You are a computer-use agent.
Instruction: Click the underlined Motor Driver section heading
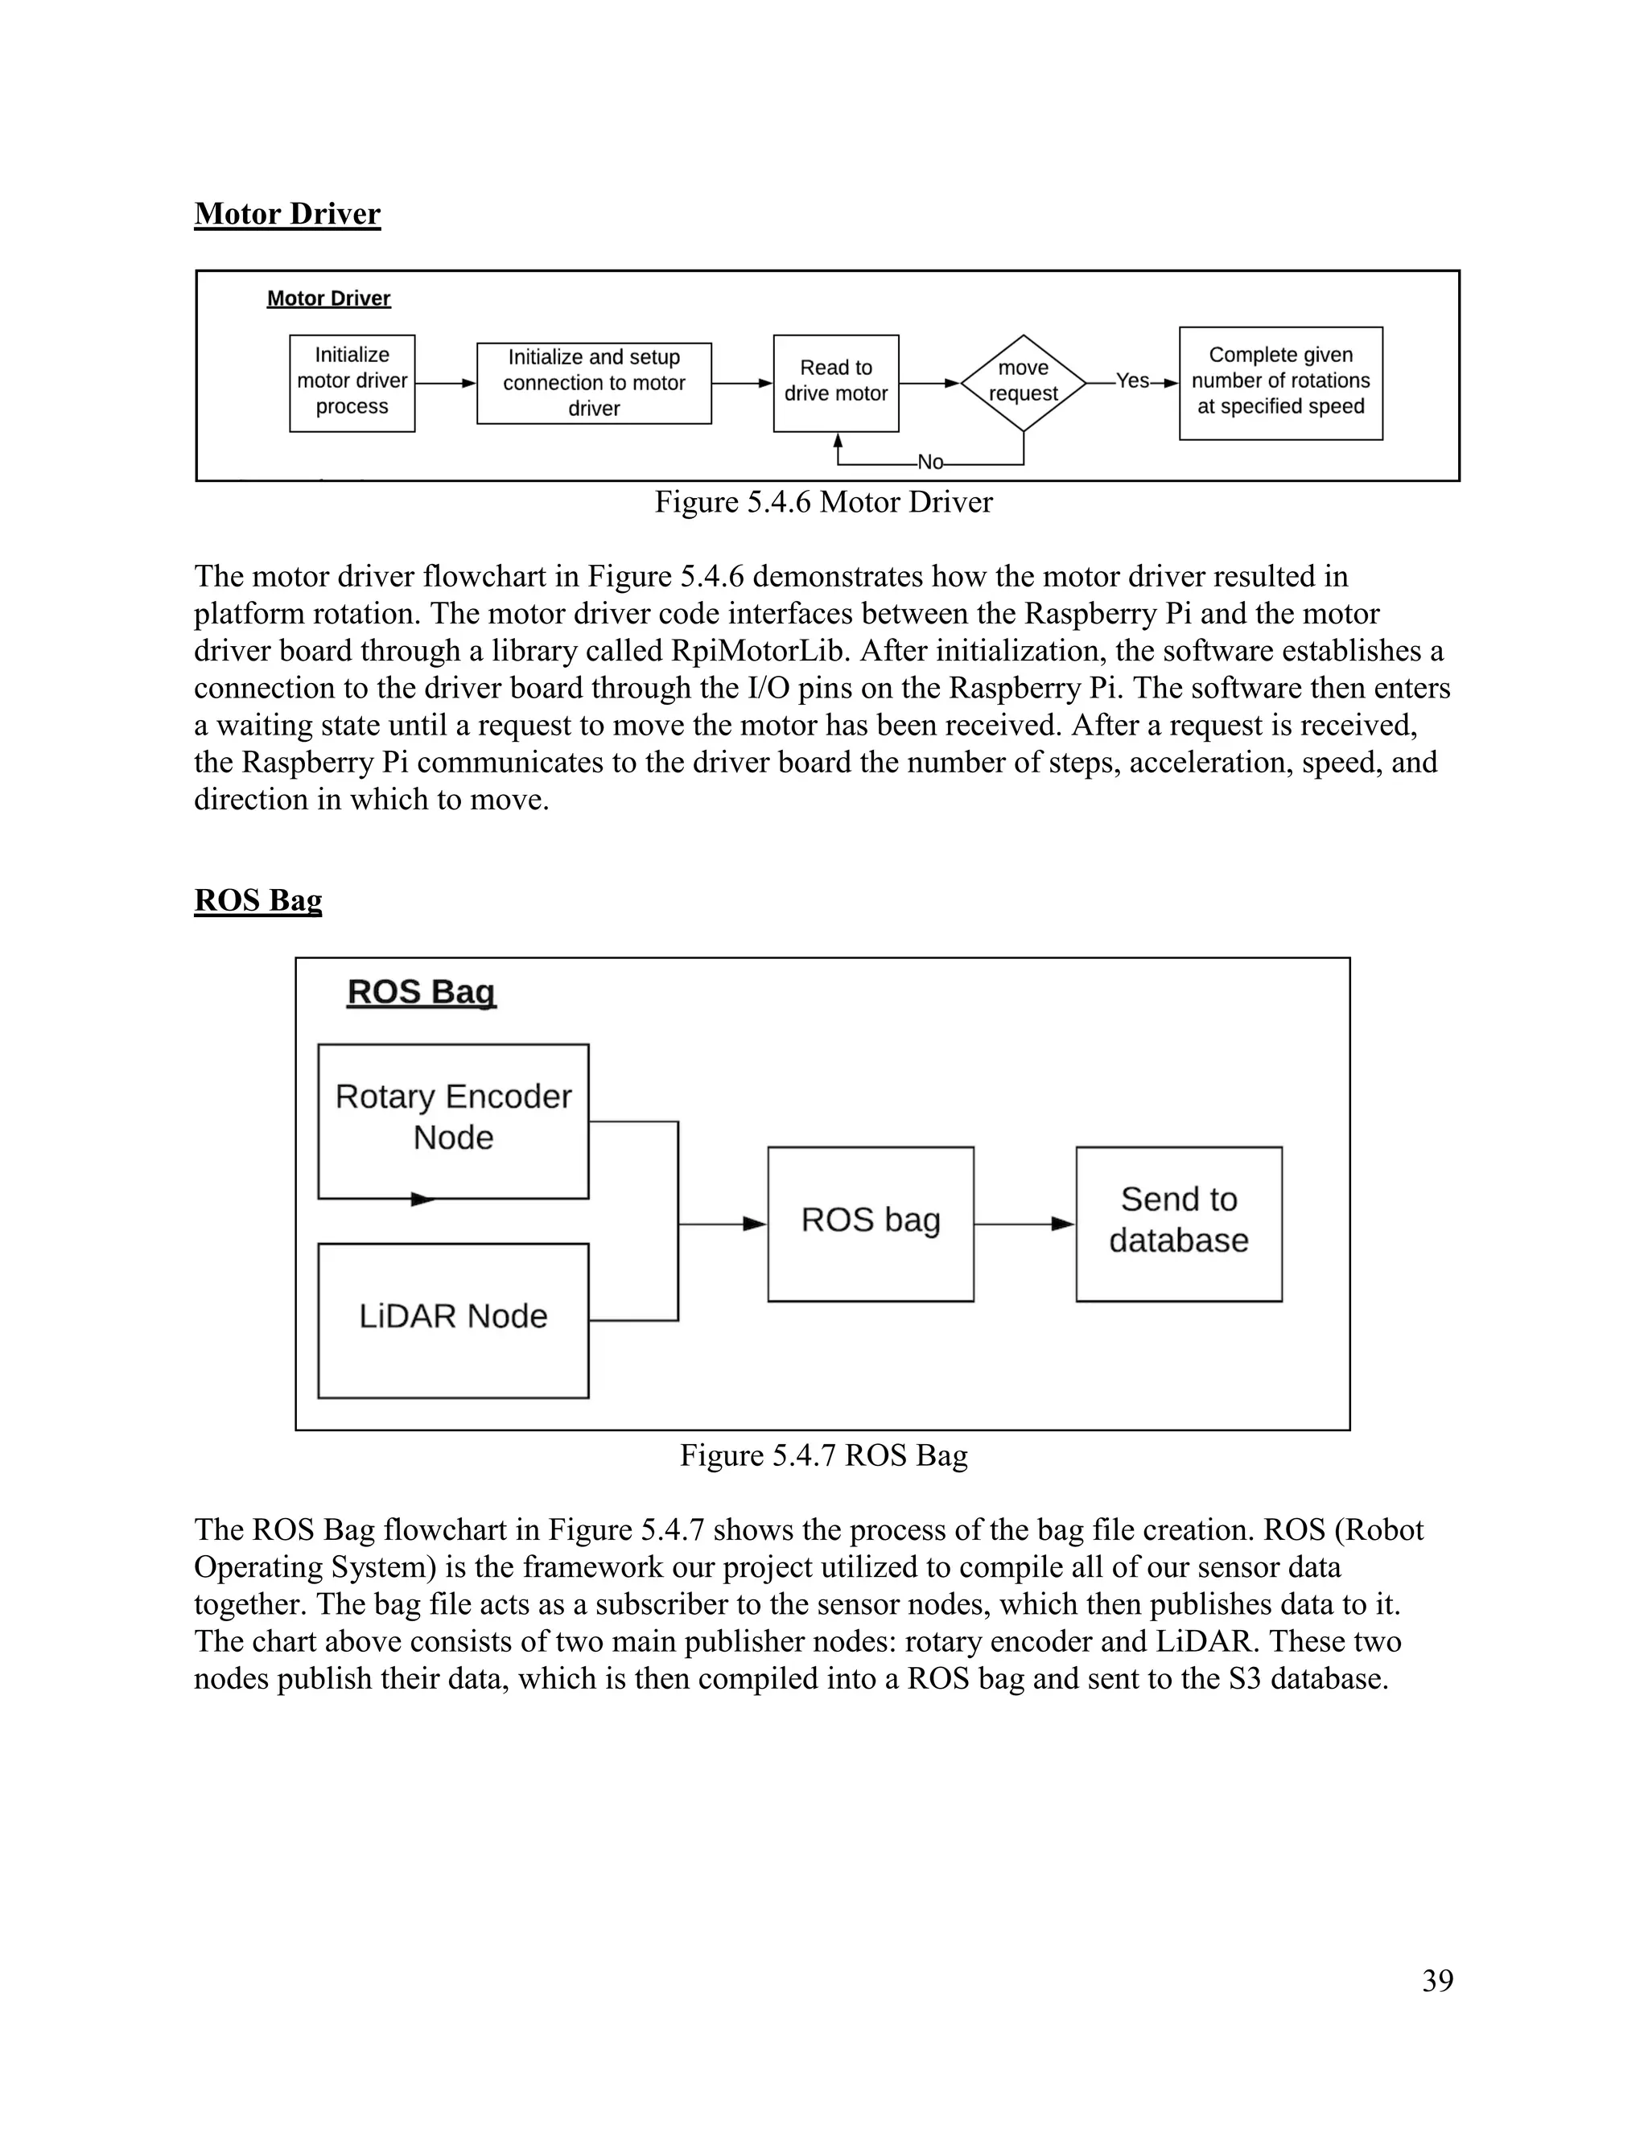[287, 214]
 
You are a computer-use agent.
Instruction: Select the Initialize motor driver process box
[352, 383]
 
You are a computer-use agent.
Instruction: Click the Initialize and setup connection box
[594, 383]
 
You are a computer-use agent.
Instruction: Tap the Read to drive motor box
[836, 383]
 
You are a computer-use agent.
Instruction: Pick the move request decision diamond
[1024, 383]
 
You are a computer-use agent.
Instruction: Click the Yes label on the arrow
[1132, 381]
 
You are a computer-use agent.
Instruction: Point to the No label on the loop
[930, 463]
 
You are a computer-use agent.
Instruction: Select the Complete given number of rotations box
[1280, 383]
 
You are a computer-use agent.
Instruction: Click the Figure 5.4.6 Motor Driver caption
[823, 502]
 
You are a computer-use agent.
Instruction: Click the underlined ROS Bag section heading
[257, 899]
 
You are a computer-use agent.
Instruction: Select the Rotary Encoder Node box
[453, 1120]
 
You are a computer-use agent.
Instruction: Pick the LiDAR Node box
[453, 1319]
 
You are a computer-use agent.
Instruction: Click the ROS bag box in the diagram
[870, 1222]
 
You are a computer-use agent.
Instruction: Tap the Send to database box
[1178, 1222]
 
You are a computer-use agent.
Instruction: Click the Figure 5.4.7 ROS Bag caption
[823, 1455]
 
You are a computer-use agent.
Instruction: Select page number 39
[1437, 1981]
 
